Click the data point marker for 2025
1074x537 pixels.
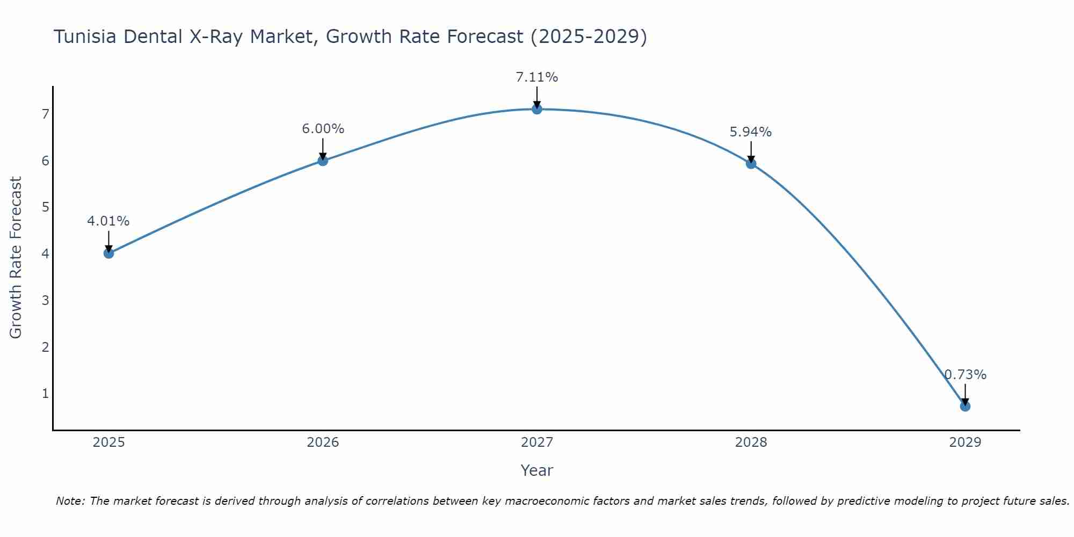pos(108,253)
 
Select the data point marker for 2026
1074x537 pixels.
pos(323,161)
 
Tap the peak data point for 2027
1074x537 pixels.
pos(537,109)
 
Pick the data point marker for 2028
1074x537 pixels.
pos(751,163)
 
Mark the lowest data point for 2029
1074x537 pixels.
pos(965,406)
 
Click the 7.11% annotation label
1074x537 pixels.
pos(537,77)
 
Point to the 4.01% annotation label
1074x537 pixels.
pos(108,221)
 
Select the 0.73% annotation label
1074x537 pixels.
pos(965,375)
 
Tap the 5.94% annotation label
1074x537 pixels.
pos(751,132)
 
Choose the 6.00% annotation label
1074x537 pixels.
pos(323,129)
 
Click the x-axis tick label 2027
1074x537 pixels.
pos(537,442)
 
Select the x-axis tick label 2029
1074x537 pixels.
pos(965,442)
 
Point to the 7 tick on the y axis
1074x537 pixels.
pos(46,114)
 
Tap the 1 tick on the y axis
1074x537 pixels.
pos(46,394)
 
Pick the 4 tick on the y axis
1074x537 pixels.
pos(46,253)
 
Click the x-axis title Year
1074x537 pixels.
pos(537,470)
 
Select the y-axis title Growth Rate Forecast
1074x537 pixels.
pos(16,258)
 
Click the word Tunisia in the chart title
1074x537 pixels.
pos(86,37)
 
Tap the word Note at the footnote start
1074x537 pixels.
pos(70,501)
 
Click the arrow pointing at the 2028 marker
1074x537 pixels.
pos(751,151)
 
